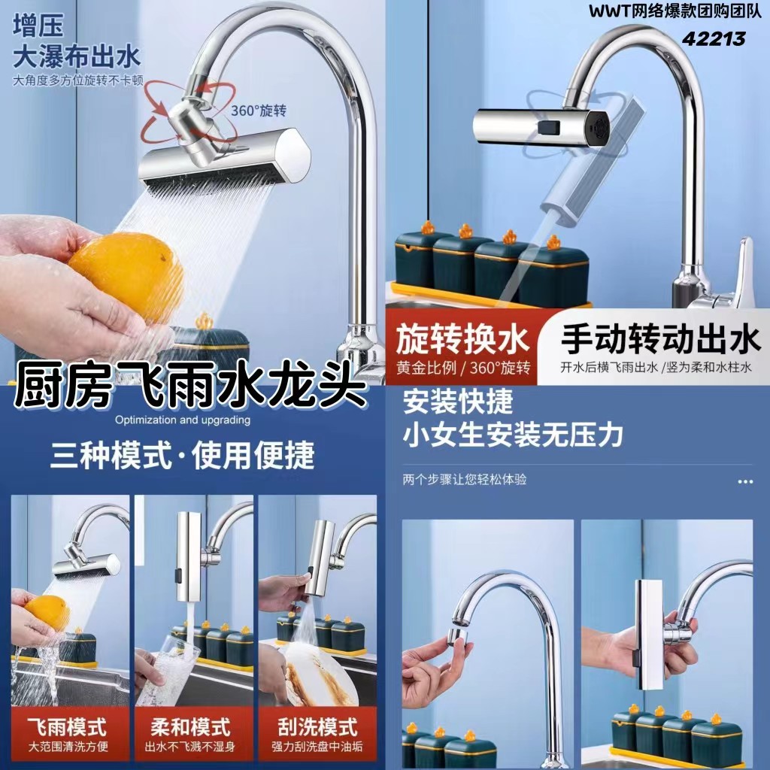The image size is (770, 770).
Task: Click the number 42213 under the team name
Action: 714,38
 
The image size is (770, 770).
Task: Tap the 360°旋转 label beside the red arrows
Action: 259,111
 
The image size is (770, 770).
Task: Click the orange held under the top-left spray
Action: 127,277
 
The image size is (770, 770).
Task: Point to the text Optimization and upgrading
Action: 183,420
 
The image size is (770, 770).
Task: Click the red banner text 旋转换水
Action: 462,339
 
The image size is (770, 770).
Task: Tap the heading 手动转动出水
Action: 660,339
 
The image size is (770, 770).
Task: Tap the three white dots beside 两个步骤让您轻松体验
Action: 745,482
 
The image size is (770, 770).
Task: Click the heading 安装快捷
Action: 458,402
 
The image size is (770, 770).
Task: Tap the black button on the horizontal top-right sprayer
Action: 548,126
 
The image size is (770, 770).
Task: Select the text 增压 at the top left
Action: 38,26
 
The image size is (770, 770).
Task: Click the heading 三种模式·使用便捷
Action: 182,456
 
